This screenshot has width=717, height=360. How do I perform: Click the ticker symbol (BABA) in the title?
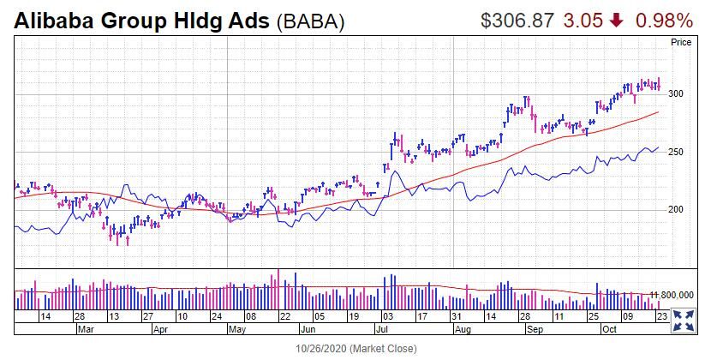(x=310, y=21)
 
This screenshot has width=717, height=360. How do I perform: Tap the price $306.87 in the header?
(x=517, y=21)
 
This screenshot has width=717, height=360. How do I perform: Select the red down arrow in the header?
(x=617, y=21)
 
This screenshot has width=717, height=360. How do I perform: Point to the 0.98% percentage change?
(x=664, y=21)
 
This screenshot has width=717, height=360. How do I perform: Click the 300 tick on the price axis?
(x=675, y=93)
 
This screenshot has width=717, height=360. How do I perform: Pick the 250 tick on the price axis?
(x=675, y=152)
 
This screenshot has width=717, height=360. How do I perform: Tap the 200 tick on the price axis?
(x=675, y=209)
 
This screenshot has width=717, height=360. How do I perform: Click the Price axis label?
(x=681, y=42)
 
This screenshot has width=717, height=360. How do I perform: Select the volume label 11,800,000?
(x=672, y=295)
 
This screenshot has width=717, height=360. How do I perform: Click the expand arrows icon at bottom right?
(x=684, y=321)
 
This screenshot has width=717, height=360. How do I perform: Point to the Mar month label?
(x=86, y=329)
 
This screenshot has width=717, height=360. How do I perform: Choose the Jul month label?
(x=381, y=329)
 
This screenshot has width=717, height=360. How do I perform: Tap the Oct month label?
(x=609, y=329)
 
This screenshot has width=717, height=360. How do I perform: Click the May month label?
(x=237, y=329)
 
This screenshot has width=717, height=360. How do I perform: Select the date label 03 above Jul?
(x=388, y=316)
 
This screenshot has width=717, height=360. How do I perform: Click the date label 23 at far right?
(x=661, y=316)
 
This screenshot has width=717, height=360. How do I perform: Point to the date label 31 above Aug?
(x=457, y=316)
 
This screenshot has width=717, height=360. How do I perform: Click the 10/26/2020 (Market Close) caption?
(x=356, y=349)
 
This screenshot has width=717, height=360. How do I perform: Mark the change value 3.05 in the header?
(x=583, y=21)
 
